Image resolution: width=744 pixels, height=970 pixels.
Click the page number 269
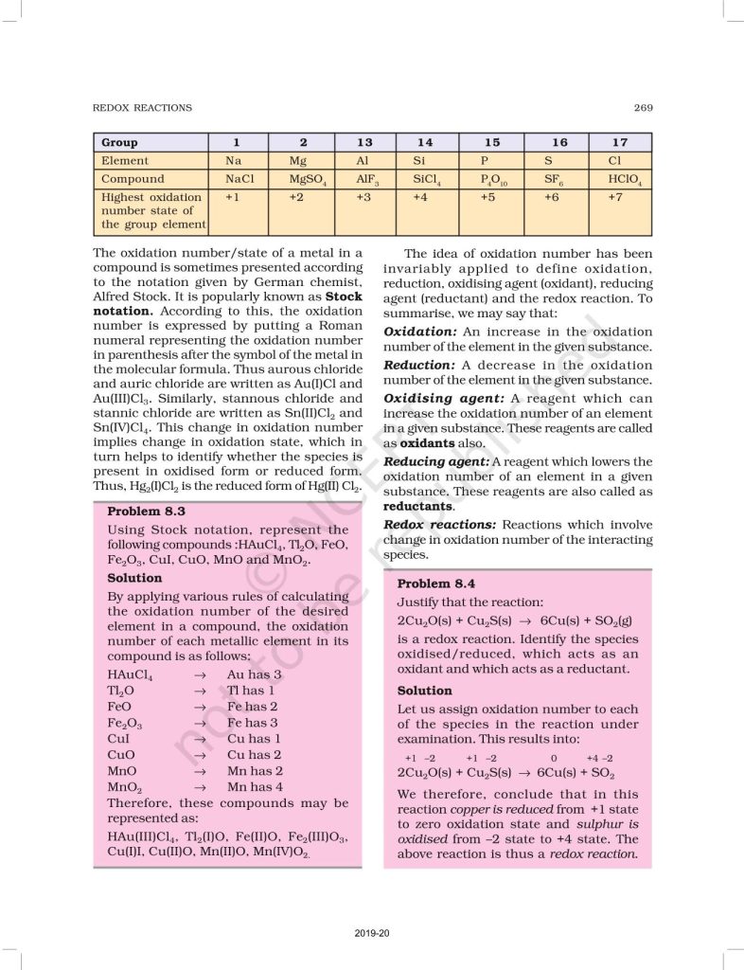pyautogui.click(x=643, y=108)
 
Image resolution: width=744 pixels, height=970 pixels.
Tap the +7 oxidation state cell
pyautogui.click(x=618, y=197)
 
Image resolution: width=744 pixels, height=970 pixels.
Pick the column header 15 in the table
pyautogui.click(x=492, y=142)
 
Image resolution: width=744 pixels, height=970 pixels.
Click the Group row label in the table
pyautogui.click(x=120, y=142)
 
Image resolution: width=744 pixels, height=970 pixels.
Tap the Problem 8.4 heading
pyautogui.click(x=436, y=584)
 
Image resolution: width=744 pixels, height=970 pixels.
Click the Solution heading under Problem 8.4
pyautogui.click(x=424, y=691)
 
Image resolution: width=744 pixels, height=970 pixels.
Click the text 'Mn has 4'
pyautogui.click(x=255, y=787)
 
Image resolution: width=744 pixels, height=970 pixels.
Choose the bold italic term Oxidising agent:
pyautogui.click(x=444, y=399)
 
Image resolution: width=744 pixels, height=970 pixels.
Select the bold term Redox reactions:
pyautogui.click(x=439, y=524)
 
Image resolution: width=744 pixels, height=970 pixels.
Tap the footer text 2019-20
pyautogui.click(x=372, y=934)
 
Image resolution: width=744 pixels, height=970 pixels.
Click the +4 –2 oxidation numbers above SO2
pyautogui.click(x=599, y=759)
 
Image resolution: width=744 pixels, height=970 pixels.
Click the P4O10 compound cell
pyautogui.click(x=494, y=179)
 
